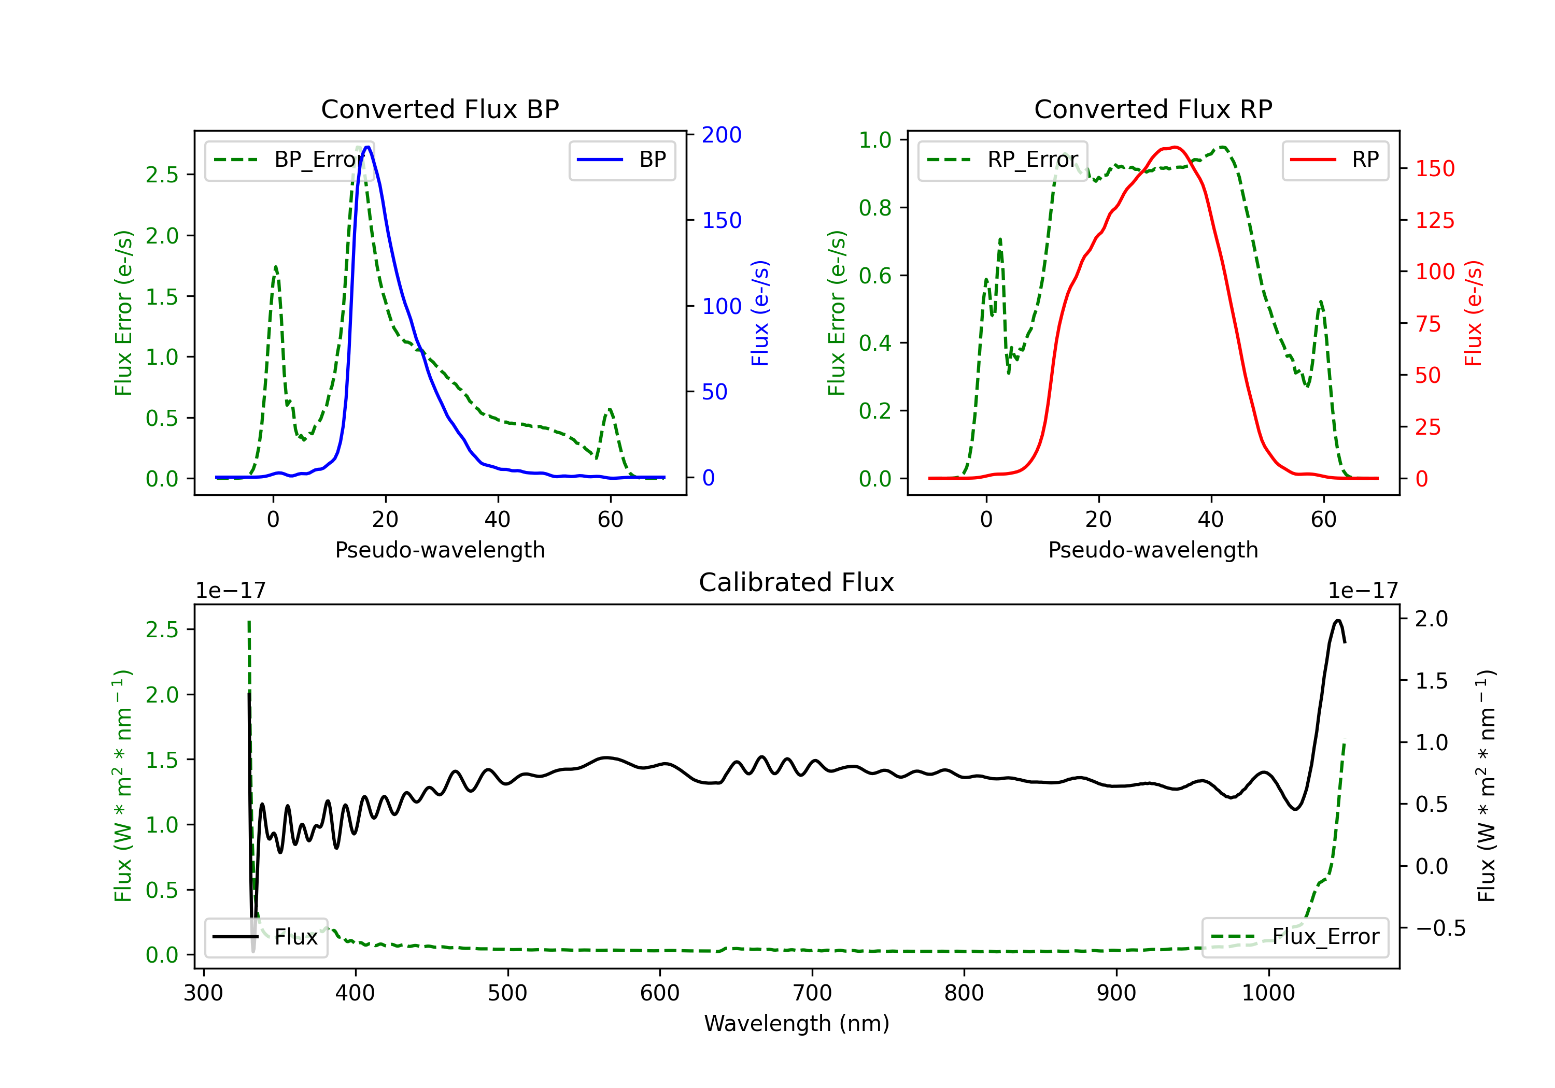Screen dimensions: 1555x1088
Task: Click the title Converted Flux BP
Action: coord(440,109)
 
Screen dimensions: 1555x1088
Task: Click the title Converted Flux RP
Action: coord(1153,109)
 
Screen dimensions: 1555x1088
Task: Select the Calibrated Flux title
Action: coord(797,582)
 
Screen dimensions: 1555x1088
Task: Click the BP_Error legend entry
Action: coord(289,160)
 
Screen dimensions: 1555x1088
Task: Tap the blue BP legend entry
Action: coord(621,160)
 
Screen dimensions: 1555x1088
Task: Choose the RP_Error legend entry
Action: coord(1002,160)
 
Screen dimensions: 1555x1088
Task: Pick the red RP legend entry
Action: coord(1335,160)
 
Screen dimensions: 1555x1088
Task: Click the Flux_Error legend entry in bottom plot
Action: coord(1295,937)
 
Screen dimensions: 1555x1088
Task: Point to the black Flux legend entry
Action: coord(265,937)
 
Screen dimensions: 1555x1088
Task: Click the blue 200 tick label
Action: coord(722,135)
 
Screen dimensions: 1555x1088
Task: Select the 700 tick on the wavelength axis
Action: coord(812,993)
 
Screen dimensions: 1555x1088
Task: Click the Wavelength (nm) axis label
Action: coord(797,1023)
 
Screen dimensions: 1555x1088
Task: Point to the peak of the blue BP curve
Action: coord(367,147)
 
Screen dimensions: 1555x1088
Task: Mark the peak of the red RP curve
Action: coord(1175,148)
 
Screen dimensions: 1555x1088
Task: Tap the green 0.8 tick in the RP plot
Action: coord(875,208)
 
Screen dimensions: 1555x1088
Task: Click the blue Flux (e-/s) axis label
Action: coord(760,313)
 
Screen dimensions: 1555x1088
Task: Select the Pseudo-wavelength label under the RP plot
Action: coord(1153,550)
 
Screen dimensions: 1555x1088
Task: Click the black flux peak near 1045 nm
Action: coord(1338,621)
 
